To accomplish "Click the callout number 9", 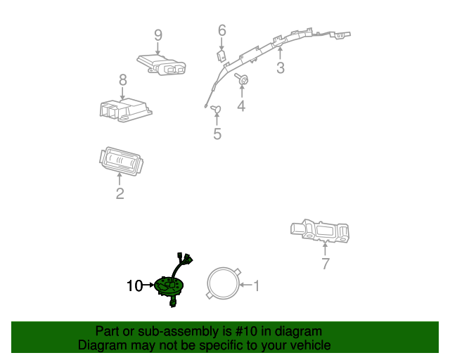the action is [158, 35].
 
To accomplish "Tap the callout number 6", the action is [222, 30].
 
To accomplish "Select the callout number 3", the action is [281, 67].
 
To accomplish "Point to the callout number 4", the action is [241, 105].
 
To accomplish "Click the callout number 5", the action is [217, 134].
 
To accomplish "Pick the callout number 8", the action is [123, 80].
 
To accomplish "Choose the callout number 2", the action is [120, 193].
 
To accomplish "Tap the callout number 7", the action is [326, 264].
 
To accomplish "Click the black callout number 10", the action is [134, 286].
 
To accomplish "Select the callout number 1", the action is [256, 285].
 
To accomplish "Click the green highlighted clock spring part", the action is [169, 286].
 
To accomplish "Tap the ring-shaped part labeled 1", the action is [208, 284].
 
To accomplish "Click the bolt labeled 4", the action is [242, 79].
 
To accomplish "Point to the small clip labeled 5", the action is [216, 109].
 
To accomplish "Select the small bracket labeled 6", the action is [221, 56].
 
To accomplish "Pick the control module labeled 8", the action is [125, 110].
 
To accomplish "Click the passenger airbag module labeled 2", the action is [121, 161].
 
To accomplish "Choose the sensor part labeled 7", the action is [320, 231].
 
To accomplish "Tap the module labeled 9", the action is [161, 65].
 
